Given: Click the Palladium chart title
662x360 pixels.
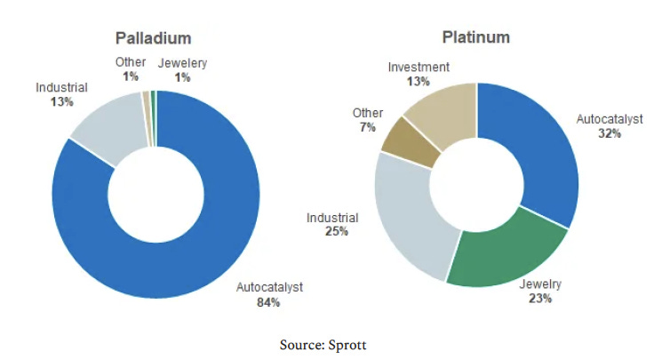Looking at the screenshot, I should pos(154,38).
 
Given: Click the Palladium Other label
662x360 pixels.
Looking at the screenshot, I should pos(131,62).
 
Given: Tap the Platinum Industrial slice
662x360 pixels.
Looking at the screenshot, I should pos(410,212).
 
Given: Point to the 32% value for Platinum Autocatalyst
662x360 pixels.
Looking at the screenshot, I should pos(610,133).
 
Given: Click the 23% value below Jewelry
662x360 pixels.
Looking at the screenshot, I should pos(539,299).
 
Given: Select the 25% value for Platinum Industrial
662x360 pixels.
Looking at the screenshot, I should pos(337,232).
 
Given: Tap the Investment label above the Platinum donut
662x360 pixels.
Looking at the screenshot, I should pos(419,67).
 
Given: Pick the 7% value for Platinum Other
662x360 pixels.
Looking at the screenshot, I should pos(367,128).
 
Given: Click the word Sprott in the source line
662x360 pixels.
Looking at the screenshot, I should pos(347,345).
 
